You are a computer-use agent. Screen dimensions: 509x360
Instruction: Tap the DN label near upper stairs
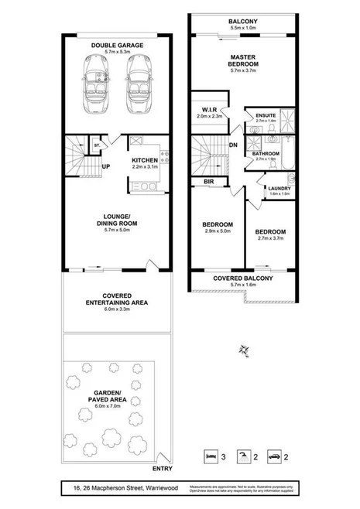point(232,145)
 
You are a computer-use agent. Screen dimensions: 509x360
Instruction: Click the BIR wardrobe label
point(208,182)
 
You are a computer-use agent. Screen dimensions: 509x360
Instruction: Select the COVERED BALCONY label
point(243,278)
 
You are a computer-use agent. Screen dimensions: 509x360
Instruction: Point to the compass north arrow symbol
point(245,350)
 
